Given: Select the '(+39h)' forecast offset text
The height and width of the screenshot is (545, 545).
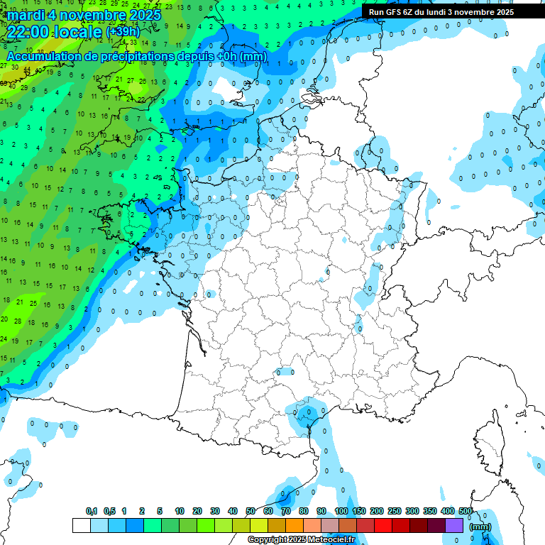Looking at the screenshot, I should coord(123,32).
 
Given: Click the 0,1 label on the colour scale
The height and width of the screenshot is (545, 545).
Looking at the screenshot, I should coord(92,511).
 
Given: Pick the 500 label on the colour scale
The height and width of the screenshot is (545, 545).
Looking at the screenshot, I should coord(466,511).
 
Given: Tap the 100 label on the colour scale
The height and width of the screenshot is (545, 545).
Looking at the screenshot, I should coord(341,511).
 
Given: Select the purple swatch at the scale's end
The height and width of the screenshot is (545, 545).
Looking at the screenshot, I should coord(454,525).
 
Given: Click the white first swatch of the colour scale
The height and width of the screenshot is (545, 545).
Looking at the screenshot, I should coord(82,525).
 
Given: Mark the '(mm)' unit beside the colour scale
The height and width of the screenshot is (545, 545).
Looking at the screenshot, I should coord(480,527).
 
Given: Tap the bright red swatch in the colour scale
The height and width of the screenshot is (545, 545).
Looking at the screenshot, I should coord(383,525).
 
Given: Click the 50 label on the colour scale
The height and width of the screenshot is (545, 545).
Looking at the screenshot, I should coord(251,511).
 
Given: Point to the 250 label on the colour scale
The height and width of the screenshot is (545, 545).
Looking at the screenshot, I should coord(395,511).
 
